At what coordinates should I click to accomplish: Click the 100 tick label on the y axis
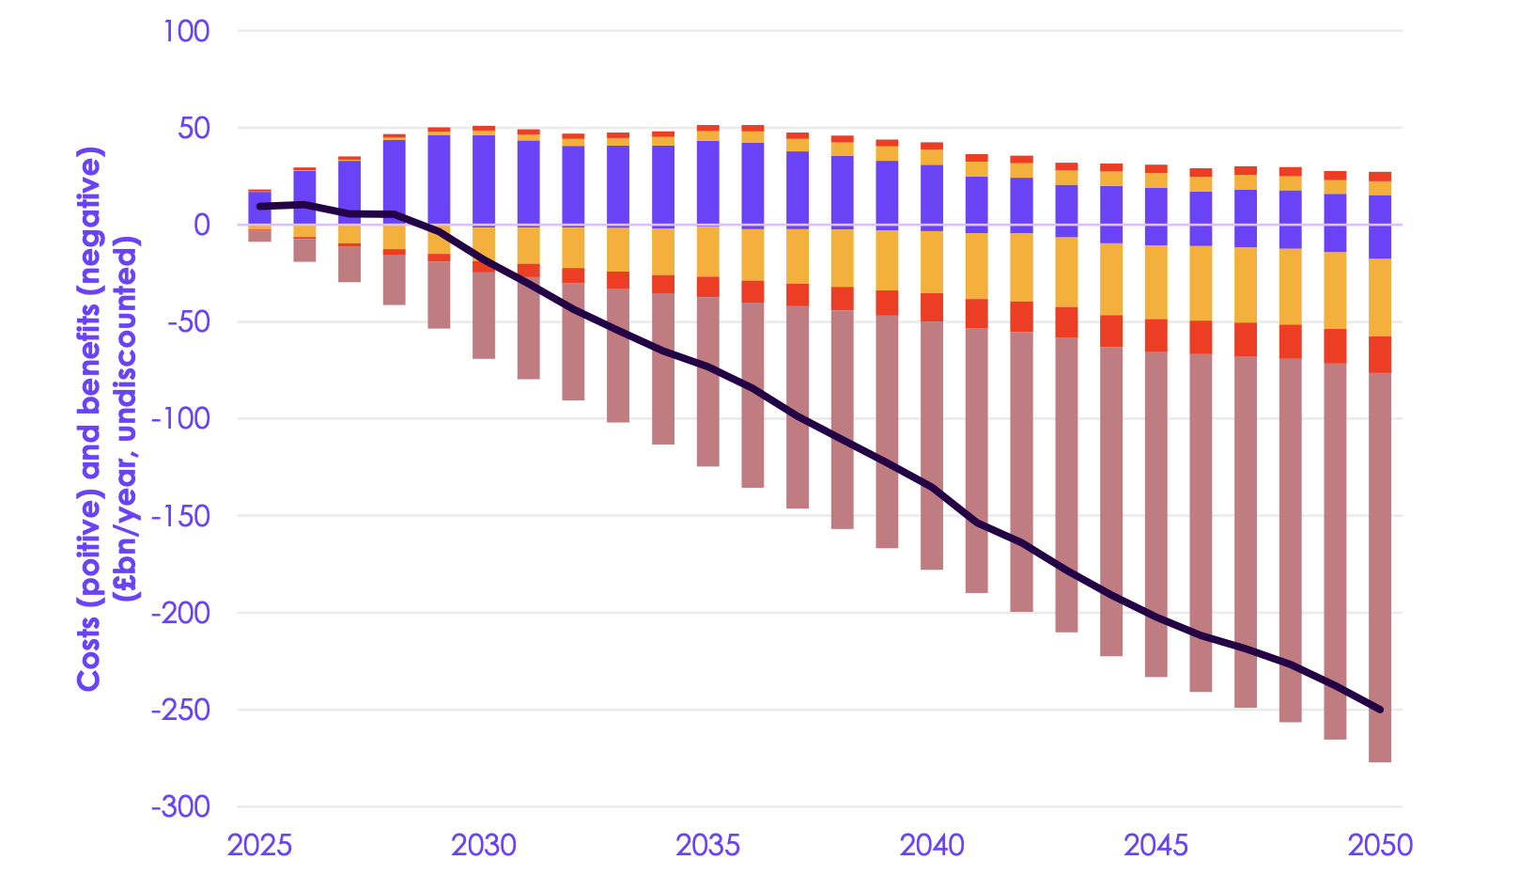coord(186,31)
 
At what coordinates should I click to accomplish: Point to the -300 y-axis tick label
coord(179,807)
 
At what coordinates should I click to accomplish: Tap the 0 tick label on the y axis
coord(201,225)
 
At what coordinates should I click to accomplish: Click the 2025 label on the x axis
coord(259,846)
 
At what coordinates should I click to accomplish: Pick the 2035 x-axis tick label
coord(707,846)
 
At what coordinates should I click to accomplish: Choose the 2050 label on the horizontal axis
coord(1380,846)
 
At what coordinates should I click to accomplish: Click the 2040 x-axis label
coord(932,846)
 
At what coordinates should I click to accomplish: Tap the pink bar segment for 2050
coord(1380,564)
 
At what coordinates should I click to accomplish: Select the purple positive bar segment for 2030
coord(484,179)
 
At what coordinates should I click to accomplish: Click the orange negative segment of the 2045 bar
coord(1156,282)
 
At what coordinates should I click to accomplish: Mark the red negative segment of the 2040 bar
coord(932,307)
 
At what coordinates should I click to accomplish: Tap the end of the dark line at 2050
coord(1380,710)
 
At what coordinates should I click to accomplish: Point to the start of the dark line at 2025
coord(260,206)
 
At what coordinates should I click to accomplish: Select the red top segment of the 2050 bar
coord(1380,177)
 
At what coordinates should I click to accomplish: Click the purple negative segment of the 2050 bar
coord(1380,242)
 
